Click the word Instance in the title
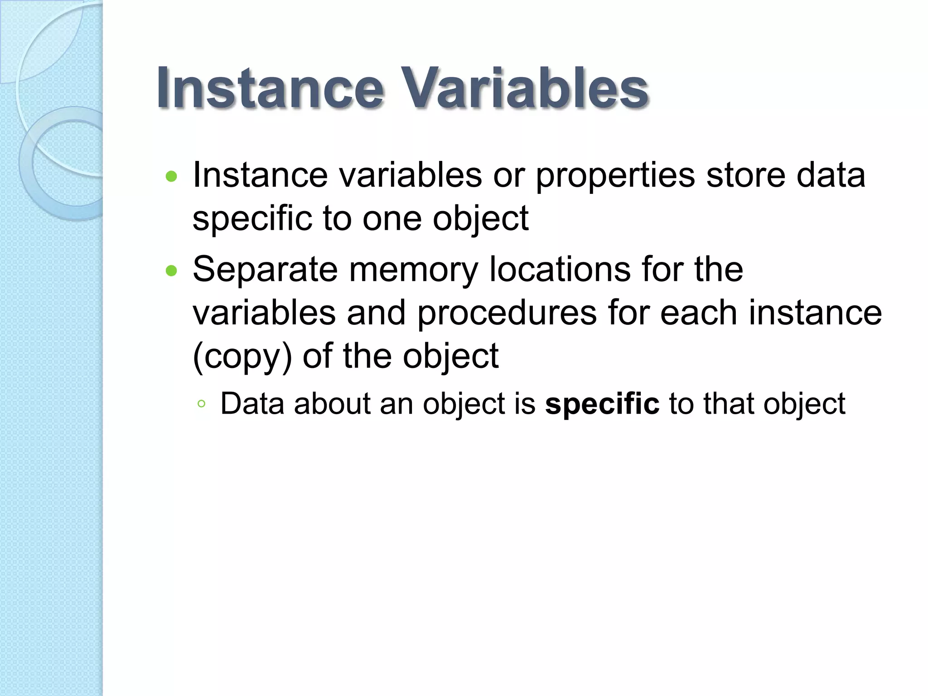pyautogui.click(x=271, y=88)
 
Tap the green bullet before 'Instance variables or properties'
pyautogui.click(x=171, y=176)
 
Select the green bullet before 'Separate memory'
pyautogui.click(x=171, y=271)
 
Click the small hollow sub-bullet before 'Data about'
pyautogui.click(x=202, y=404)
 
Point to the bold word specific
pyautogui.click(x=602, y=404)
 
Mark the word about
pyautogui.click(x=332, y=403)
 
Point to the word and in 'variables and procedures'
pyautogui.click(x=376, y=313)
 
